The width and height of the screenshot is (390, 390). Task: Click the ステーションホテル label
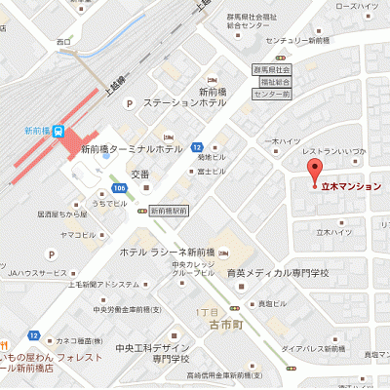(186, 101)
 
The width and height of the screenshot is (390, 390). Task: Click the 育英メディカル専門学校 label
(278, 273)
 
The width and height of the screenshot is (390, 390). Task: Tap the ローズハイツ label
(358, 7)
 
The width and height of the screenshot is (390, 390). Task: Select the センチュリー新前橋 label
(301, 40)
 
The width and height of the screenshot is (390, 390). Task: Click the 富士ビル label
(211, 171)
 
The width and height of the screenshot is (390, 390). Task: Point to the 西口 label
(64, 42)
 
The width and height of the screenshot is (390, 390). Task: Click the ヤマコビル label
(77, 236)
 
